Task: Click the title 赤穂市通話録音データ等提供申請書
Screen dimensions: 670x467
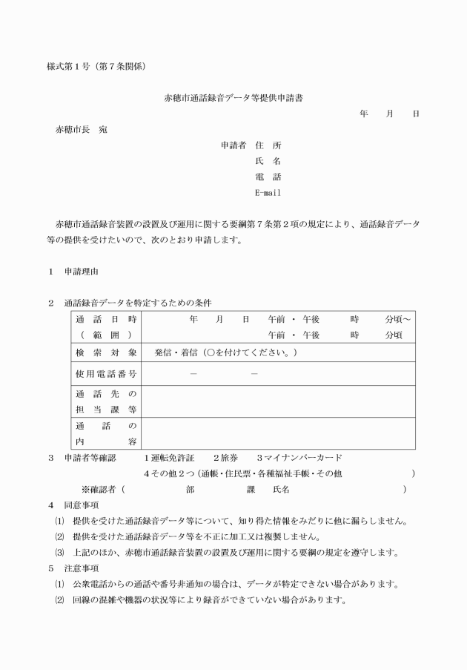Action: pos(228,98)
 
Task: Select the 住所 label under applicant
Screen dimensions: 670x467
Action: pos(268,145)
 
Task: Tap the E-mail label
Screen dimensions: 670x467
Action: pos(268,193)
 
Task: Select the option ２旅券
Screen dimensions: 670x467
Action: pos(225,457)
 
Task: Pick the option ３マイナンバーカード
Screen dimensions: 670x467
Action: pos(299,457)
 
